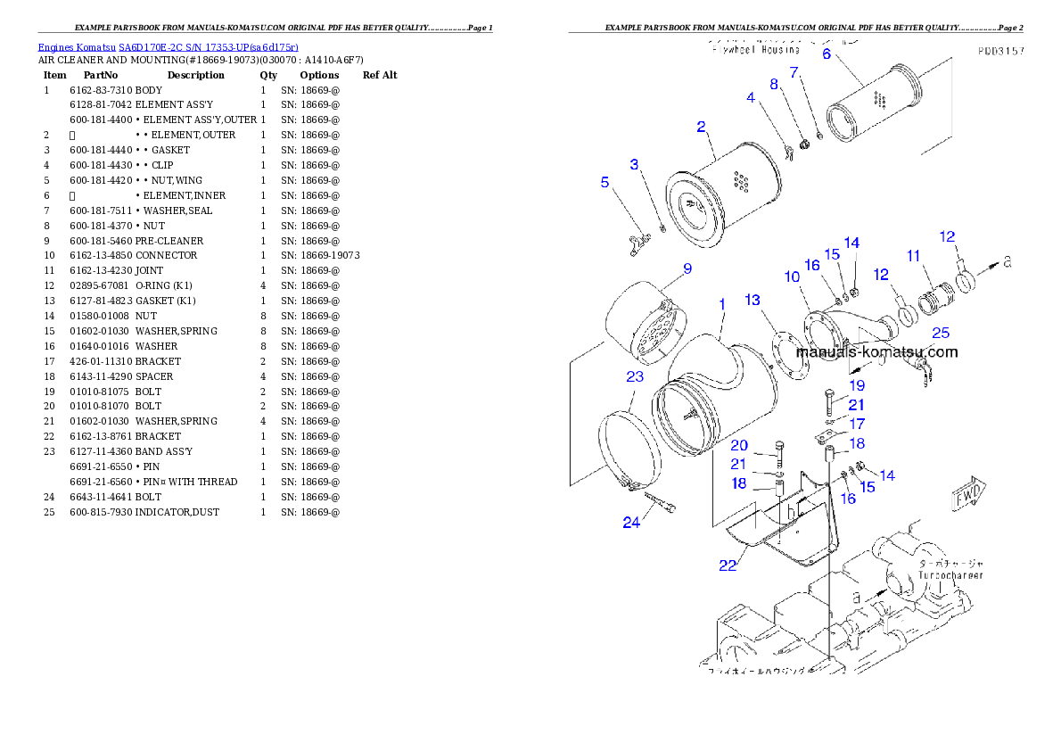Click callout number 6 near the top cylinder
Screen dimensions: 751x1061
(826, 54)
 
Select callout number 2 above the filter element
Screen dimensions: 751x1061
(702, 127)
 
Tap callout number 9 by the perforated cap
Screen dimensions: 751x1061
(687, 268)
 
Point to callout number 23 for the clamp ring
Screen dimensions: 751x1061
(635, 377)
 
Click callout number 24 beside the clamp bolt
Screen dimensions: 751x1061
(631, 523)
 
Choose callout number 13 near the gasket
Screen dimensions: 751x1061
(753, 300)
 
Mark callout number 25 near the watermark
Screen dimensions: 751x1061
(940, 334)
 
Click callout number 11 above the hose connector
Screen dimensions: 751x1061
(913, 256)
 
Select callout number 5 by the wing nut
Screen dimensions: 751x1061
(605, 182)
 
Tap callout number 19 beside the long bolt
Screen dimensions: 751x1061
(857, 386)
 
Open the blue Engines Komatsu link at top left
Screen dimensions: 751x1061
(168, 46)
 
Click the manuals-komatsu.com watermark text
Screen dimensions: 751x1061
(877, 351)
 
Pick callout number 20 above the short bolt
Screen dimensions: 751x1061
(739, 445)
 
